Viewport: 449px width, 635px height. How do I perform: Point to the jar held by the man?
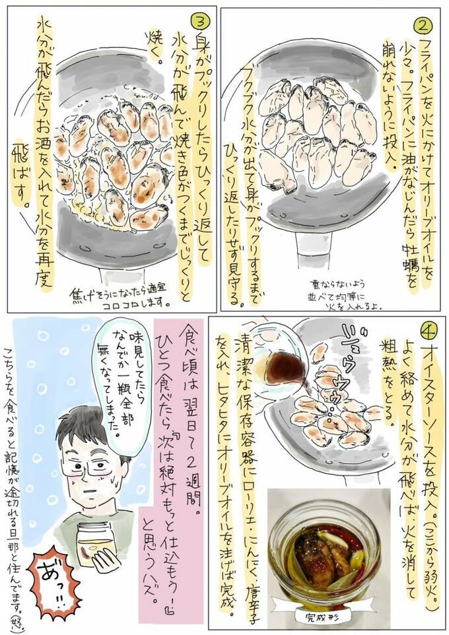click(96, 547)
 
